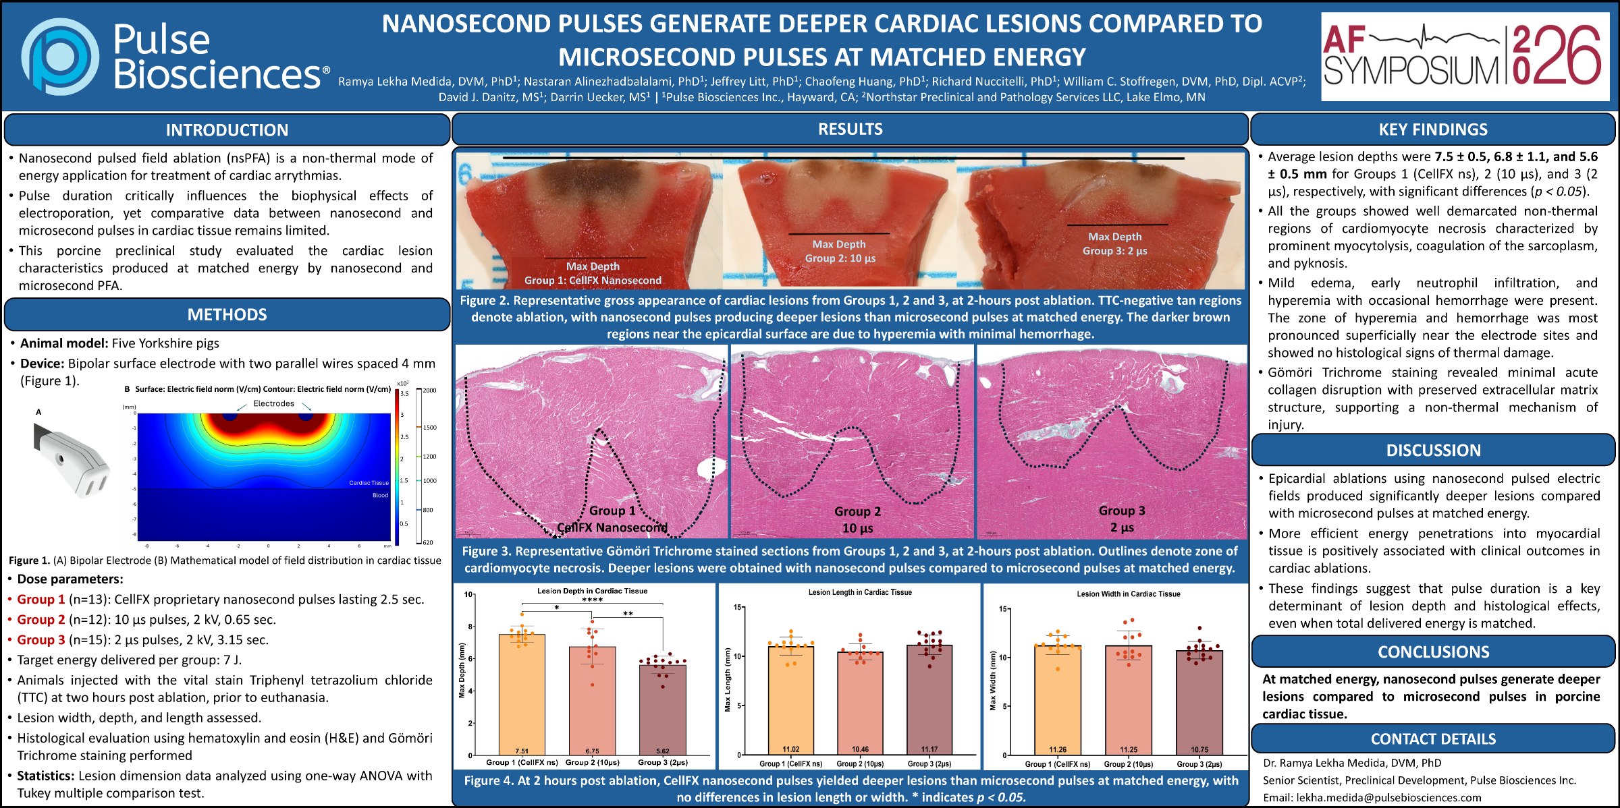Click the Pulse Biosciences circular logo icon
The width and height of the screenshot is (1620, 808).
point(60,57)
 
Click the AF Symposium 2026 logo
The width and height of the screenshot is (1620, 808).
point(1464,57)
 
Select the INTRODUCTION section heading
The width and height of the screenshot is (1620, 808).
point(227,130)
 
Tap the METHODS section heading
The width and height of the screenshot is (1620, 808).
point(227,314)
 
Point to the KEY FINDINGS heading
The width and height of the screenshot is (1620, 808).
point(1433,129)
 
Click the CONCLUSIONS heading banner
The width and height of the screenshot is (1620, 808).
point(1433,652)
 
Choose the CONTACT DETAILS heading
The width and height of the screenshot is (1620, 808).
point(1433,739)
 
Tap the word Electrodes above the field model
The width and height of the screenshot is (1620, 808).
point(273,403)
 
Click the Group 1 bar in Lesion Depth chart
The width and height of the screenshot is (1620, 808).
point(522,695)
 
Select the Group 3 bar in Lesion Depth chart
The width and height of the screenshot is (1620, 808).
point(662,708)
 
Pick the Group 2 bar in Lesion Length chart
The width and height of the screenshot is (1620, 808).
point(860,701)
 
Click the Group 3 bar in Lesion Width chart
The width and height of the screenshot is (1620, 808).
point(1199,701)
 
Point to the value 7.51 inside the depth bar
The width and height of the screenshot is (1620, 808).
point(522,751)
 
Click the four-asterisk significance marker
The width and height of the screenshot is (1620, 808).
point(592,600)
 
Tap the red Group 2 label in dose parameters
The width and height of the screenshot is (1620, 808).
point(41,620)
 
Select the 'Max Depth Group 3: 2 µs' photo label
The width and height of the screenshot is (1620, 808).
point(1114,243)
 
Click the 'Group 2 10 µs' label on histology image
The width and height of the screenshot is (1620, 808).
point(857,519)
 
